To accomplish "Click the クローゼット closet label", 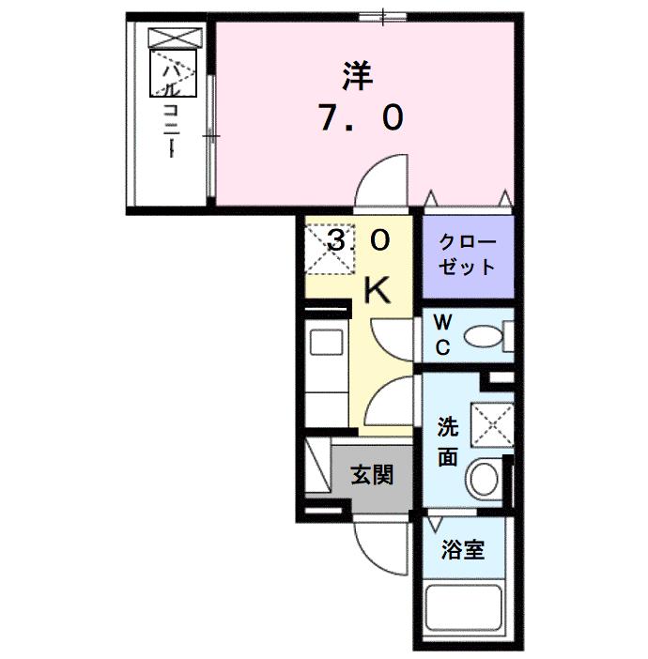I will pos(466,253).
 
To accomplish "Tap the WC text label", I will pos(440,334).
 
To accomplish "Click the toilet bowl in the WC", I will pos(485,335).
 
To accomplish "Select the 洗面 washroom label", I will pos(448,442).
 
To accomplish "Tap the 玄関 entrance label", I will pos(372,475).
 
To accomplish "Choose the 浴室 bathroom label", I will pos(464,549).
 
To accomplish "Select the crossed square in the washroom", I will pos(490,424).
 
